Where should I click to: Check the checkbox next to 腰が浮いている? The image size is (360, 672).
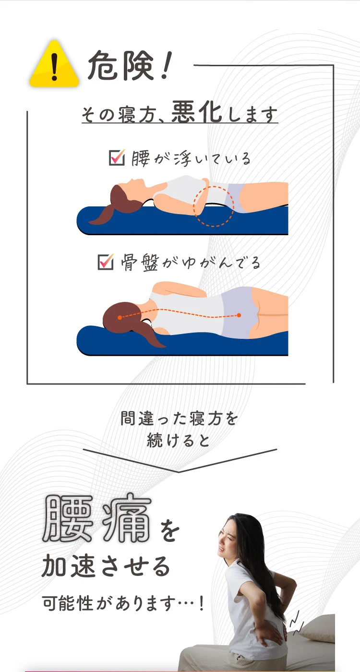click(x=117, y=157)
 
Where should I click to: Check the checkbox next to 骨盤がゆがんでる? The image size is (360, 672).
click(x=105, y=262)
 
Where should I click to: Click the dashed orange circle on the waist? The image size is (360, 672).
click(x=214, y=206)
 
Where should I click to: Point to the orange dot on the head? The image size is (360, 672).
click(x=120, y=317)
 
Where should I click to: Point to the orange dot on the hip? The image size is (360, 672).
click(x=238, y=315)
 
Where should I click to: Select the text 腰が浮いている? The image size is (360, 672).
click(x=191, y=158)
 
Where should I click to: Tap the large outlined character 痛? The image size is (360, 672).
click(x=126, y=519)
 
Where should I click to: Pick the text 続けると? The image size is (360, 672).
click(x=179, y=440)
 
